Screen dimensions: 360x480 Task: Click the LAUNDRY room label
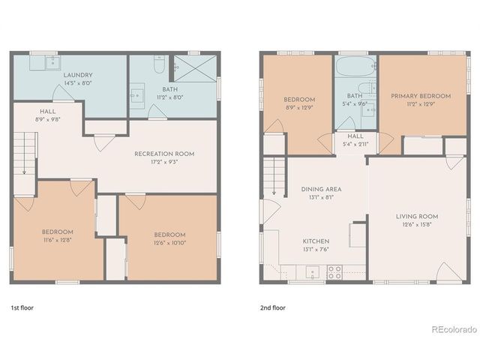pyautogui.click(x=78, y=75)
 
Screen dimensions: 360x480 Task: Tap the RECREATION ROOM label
pyautogui.click(x=164, y=154)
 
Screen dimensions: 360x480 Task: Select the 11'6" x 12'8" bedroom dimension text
pyautogui.click(x=58, y=240)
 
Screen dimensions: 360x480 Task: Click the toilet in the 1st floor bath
pyautogui.click(x=158, y=67)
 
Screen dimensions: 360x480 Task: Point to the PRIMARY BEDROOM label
pyautogui.click(x=421, y=96)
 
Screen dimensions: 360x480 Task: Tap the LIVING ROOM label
pyautogui.click(x=417, y=216)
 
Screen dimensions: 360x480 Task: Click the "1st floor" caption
pyautogui.click(x=22, y=307)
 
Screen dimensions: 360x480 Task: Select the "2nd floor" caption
pyautogui.click(x=272, y=307)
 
